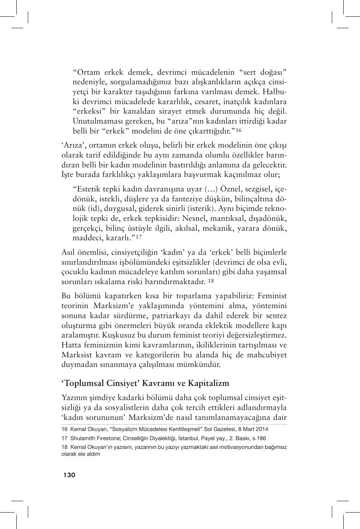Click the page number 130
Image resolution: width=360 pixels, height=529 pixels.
coord(69,475)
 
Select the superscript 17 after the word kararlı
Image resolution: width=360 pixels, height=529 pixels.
coord(139,237)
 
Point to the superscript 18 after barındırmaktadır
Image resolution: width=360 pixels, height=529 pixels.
coord(211,281)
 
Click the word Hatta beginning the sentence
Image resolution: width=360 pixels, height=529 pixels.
coord(70,345)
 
